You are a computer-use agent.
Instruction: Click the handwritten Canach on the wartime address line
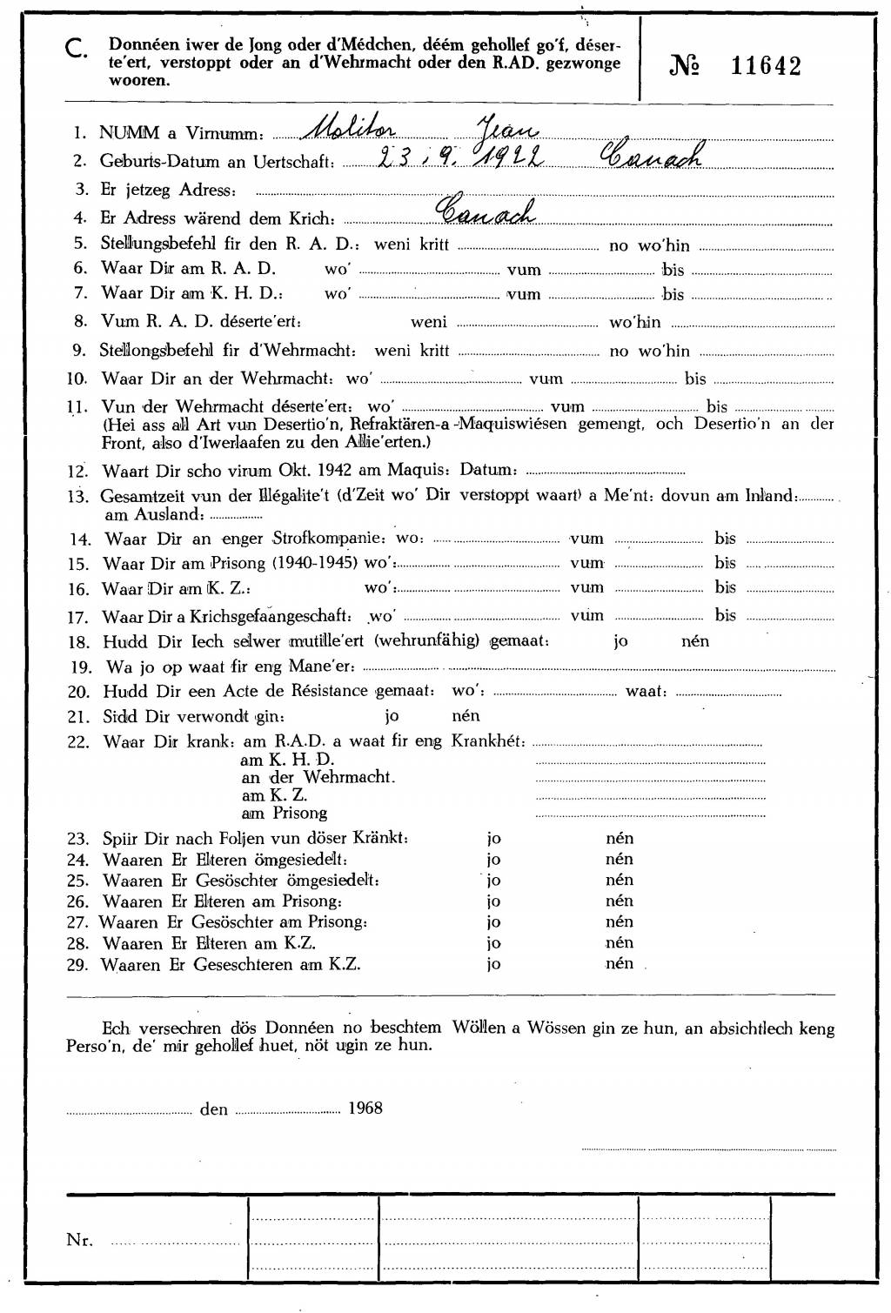[485, 210]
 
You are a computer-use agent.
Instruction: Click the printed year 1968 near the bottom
[365, 1109]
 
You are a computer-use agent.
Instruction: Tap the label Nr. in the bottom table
[79, 1240]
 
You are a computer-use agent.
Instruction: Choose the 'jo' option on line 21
[392, 716]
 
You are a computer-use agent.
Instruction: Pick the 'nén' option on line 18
[695, 641]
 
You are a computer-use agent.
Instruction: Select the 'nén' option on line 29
[620, 963]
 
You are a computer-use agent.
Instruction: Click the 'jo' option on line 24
[493, 860]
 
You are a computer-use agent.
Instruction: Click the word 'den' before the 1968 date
[214, 1109]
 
